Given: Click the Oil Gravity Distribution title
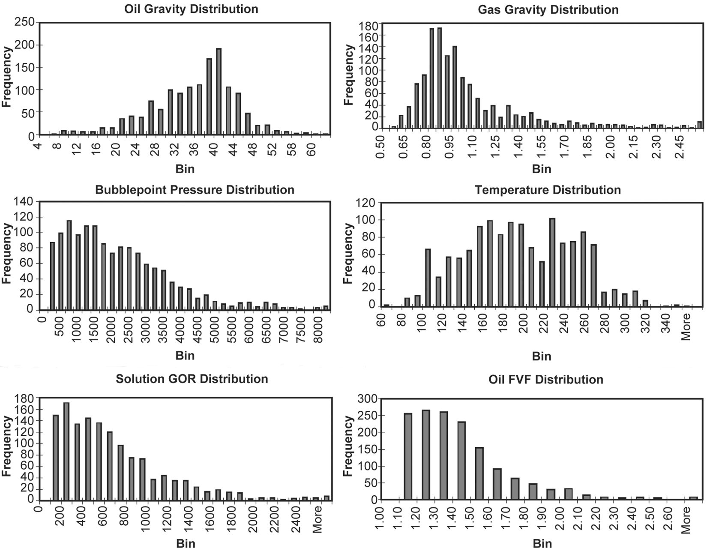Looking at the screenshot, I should (191, 9).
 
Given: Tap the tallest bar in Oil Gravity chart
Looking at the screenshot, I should (219, 92).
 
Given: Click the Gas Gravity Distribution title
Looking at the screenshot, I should (548, 9).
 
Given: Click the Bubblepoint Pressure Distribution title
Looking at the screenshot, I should (195, 190).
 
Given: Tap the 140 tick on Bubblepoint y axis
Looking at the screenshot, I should (24, 201).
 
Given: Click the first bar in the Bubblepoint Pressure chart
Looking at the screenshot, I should (52, 275).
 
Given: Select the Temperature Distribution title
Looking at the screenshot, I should (548, 190).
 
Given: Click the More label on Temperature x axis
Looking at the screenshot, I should (686, 326).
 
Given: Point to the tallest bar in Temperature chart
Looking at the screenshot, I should (552, 262).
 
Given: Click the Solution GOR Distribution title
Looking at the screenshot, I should (192, 379).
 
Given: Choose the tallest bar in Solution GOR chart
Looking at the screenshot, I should (66, 451).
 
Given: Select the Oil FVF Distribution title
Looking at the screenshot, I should (545, 380).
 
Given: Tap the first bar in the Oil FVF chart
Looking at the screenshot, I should (408, 456).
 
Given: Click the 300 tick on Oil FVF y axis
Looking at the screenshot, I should (367, 399).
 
